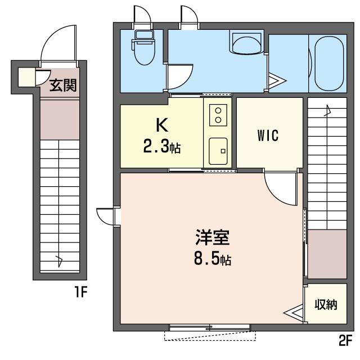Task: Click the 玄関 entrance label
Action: [x=62, y=85]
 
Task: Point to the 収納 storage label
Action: [x=326, y=305]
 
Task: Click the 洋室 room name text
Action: [x=212, y=238]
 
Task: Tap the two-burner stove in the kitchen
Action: [x=218, y=115]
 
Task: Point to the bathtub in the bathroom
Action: [x=329, y=62]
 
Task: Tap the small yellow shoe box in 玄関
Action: [x=25, y=77]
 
